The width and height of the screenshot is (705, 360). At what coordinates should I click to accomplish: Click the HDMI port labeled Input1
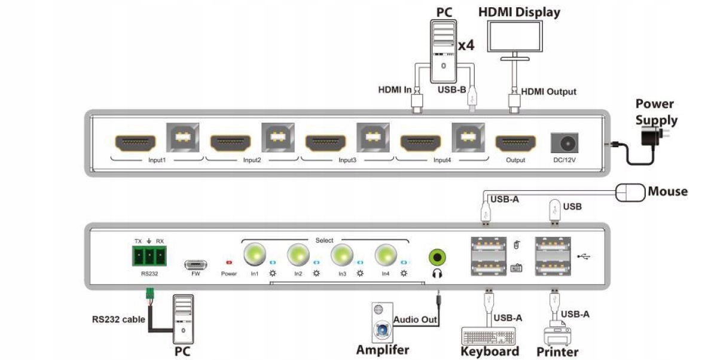(135, 143)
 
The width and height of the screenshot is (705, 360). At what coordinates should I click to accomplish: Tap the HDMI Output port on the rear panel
(515, 144)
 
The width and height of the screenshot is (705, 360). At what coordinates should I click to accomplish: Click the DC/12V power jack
(564, 144)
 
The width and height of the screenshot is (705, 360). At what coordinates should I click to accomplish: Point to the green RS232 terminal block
(149, 257)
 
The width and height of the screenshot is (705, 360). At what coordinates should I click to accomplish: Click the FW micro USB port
(196, 264)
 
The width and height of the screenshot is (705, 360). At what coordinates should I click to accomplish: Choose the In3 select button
(342, 256)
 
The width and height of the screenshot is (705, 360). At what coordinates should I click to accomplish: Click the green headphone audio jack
(438, 258)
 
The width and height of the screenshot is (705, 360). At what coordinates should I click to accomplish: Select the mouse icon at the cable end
(630, 193)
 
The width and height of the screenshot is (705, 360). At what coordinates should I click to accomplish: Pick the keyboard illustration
(489, 336)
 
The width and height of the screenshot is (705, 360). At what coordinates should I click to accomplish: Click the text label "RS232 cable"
(118, 319)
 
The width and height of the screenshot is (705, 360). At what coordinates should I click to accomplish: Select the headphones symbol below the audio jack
(437, 273)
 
